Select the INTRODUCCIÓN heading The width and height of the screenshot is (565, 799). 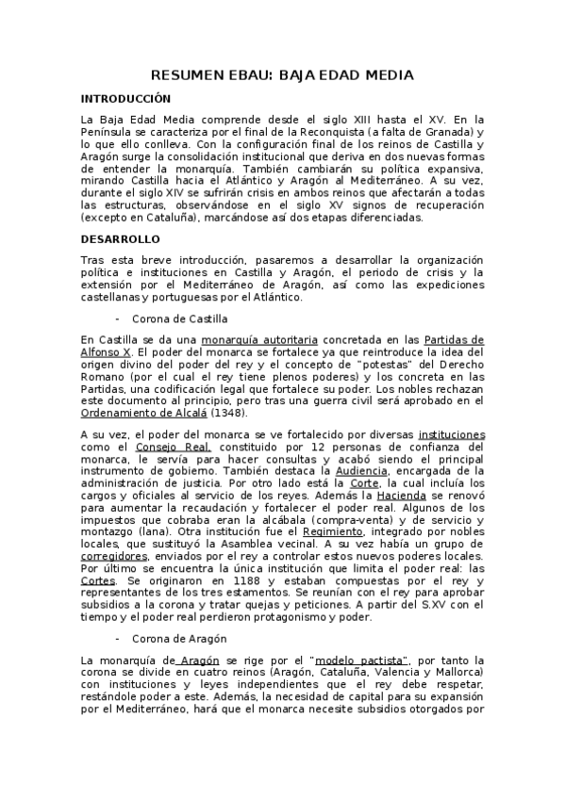[125, 98]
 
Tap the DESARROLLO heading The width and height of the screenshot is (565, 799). [120, 239]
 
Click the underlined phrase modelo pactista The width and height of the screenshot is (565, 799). [359, 660]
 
